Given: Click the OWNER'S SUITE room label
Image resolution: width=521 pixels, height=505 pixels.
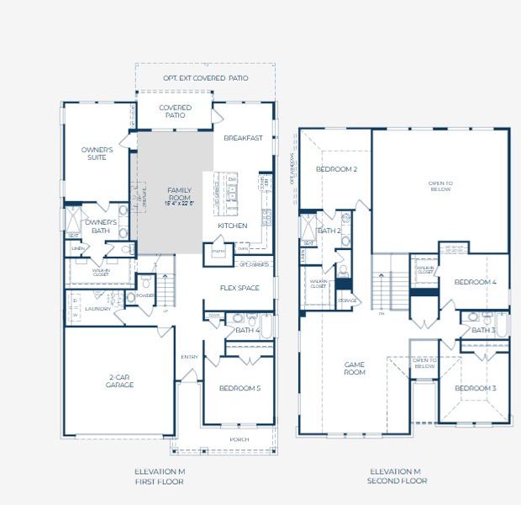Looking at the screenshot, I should pyautogui.click(x=97, y=153).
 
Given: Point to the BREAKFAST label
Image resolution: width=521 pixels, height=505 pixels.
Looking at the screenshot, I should pyautogui.click(x=244, y=138).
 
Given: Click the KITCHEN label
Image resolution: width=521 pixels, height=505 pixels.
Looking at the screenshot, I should pyautogui.click(x=233, y=226).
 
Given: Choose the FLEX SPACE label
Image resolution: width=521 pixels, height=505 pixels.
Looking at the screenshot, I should pyautogui.click(x=239, y=288).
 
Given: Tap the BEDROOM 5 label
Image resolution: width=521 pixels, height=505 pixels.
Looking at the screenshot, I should pyautogui.click(x=240, y=388).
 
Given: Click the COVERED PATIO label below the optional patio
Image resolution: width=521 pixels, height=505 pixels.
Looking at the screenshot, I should pyautogui.click(x=176, y=111).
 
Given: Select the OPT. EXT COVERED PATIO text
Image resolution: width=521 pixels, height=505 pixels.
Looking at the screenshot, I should pyautogui.click(x=205, y=78).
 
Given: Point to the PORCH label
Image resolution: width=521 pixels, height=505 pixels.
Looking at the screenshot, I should pyautogui.click(x=240, y=439).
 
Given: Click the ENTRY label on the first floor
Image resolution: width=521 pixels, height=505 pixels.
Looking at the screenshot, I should pyautogui.click(x=189, y=357).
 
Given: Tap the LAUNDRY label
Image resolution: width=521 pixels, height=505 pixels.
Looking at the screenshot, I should pyautogui.click(x=97, y=309).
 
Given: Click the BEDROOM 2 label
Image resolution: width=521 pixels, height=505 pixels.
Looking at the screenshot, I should pyautogui.click(x=336, y=169).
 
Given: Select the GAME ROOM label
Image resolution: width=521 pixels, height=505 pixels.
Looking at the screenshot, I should pyautogui.click(x=354, y=368).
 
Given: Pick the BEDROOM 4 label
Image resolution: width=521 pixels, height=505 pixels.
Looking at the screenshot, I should pyautogui.click(x=476, y=282).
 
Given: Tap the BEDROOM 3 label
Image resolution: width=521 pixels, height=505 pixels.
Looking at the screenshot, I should pyautogui.click(x=476, y=388).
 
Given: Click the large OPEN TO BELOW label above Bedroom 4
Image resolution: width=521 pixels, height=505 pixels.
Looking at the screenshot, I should pyautogui.click(x=440, y=186).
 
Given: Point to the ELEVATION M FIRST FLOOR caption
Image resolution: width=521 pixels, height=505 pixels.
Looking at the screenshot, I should pyautogui.click(x=159, y=476).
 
